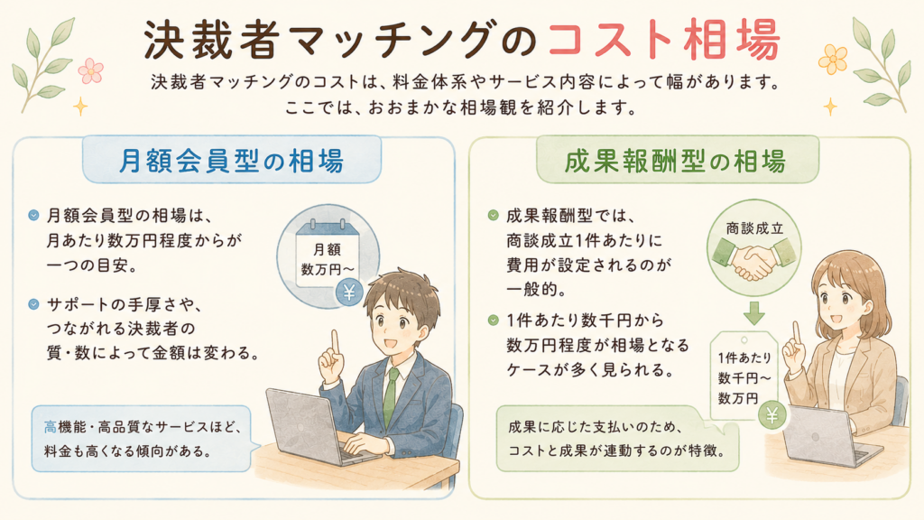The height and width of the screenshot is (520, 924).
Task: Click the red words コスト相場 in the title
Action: point(663,40)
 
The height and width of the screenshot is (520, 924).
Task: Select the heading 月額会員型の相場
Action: point(232,161)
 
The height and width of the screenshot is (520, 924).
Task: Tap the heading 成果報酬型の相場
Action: point(675,161)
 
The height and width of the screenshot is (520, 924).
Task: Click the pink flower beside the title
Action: point(91,70)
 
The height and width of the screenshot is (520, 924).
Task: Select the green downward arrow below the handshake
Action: point(753,312)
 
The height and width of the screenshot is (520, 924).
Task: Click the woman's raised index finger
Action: point(797,332)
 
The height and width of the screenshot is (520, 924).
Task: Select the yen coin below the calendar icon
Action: point(349,292)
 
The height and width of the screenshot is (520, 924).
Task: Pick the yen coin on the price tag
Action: point(772,416)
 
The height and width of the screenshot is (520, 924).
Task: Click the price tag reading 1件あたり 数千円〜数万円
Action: point(744,376)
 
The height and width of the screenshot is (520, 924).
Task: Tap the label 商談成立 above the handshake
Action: point(754,228)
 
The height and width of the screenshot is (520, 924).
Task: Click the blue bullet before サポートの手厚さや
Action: point(33,304)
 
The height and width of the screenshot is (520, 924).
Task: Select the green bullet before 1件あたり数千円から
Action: point(494,320)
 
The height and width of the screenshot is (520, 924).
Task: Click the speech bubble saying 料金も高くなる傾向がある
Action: point(142,439)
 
